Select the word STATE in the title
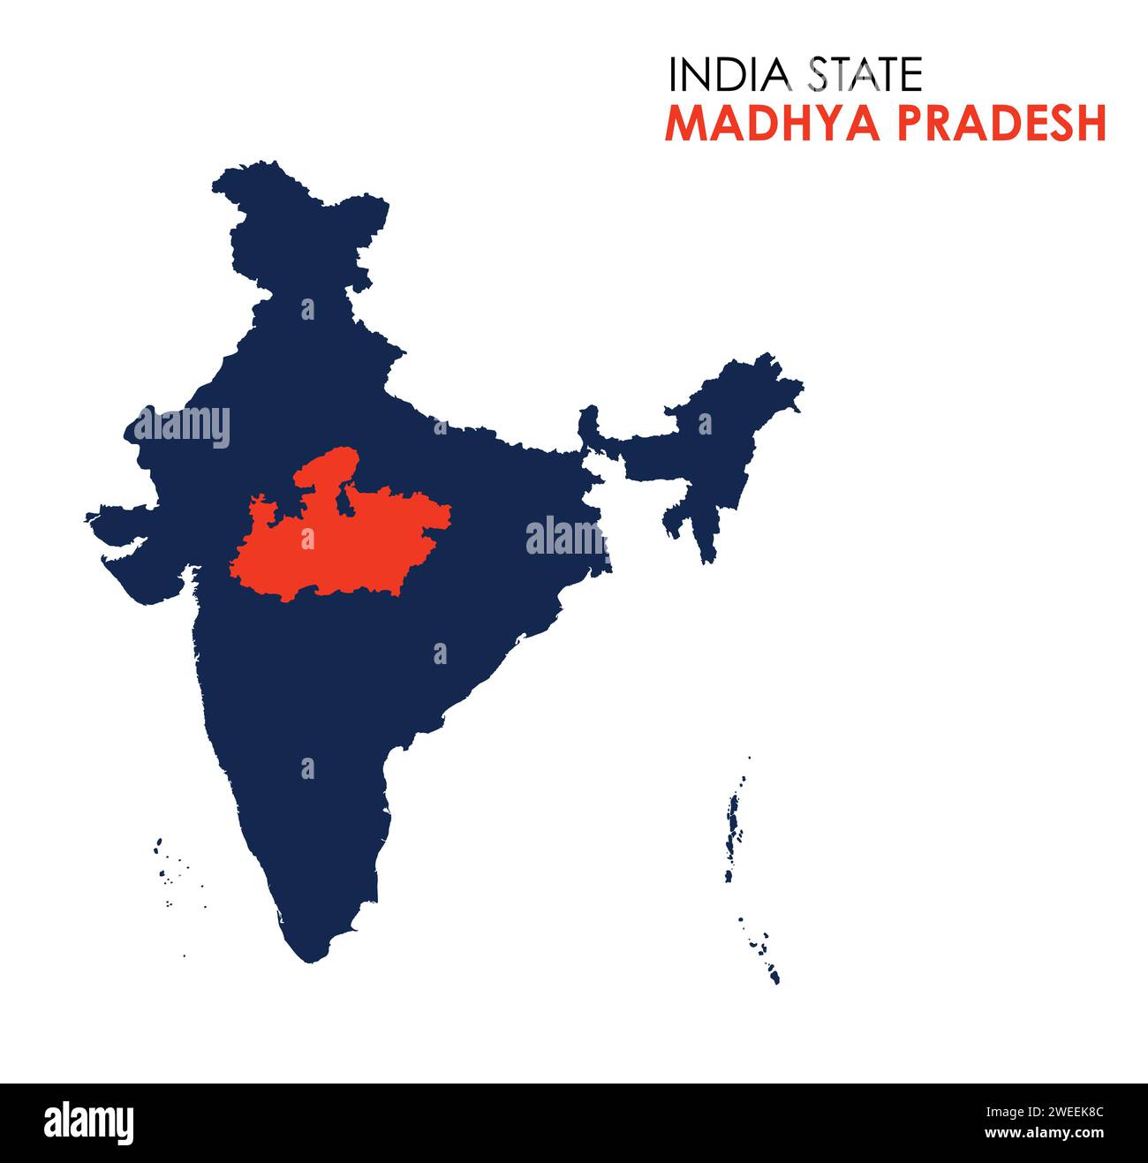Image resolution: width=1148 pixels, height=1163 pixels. (x=865, y=75)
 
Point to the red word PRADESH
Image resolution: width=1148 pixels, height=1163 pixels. (x=1001, y=124)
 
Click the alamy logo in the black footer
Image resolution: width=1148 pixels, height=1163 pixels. (x=89, y=1123)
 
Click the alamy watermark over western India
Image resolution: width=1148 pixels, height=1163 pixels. (x=182, y=427)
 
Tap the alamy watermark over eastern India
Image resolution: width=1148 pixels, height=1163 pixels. (x=567, y=537)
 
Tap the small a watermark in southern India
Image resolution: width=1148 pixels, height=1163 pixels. (x=307, y=767)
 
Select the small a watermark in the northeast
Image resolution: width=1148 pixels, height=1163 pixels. (x=705, y=425)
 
